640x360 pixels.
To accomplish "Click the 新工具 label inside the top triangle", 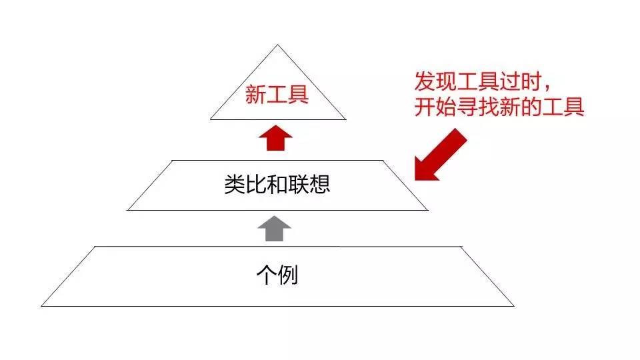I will click(x=277, y=95).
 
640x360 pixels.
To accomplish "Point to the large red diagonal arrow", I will click(x=441, y=154).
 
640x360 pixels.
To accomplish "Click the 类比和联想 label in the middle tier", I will click(x=277, y=184).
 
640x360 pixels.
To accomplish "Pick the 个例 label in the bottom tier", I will click(x=277, y=275).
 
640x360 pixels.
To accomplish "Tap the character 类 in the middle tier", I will click(x=234, y=184).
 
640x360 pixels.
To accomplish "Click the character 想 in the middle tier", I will click(x=320, y=184).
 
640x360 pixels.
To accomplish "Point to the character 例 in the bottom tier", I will click(x=287, y=275).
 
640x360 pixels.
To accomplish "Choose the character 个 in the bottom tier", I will click(x=266, y=275).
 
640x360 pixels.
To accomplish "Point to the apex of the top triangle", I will click(x=277, y=45).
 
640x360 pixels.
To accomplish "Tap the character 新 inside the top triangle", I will click(x=255, y=95).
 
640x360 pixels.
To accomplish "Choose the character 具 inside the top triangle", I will click(x=298, y=95).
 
